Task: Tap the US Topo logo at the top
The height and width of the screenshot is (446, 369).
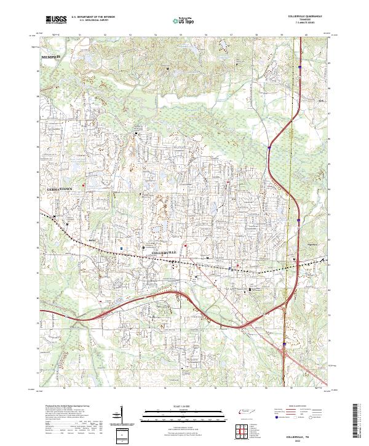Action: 184,20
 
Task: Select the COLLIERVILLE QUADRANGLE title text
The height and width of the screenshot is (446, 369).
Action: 306,16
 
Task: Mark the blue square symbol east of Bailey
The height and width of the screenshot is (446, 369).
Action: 121,249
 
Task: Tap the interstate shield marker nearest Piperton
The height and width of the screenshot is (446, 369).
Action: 297,218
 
